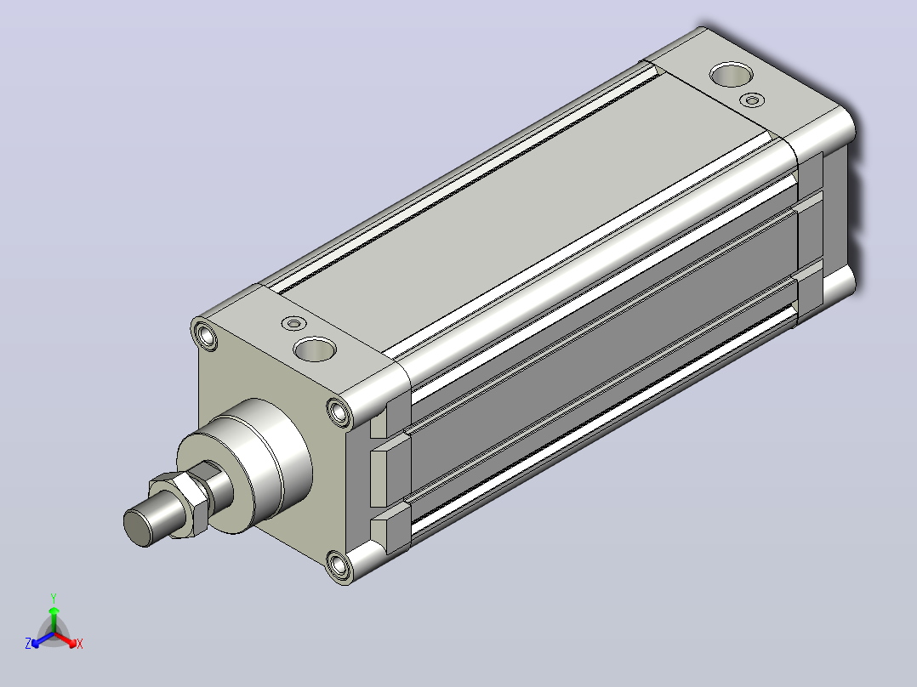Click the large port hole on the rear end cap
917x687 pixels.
tap(731, 74)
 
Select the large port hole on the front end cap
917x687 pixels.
tap(315, 349)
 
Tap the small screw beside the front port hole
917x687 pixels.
tap(293, 323)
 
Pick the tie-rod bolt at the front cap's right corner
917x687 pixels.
tap(339, 412)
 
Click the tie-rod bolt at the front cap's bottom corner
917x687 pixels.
tap(339, 565)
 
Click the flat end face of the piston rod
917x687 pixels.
tap(136, 528)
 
